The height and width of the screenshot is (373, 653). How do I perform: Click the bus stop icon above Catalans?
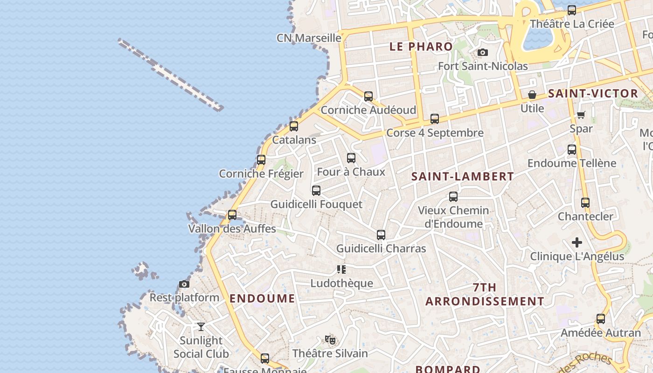click(x=294, y=126)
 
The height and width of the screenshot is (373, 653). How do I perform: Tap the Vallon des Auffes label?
click(x=232, y=228)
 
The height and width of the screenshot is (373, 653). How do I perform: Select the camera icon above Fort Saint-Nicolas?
click(x=483, y=52)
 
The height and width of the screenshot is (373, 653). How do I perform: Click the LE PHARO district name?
click(x=421, y=47)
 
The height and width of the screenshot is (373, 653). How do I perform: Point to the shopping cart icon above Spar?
click(x=581, y=115)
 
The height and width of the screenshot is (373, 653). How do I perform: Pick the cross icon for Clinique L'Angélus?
click(x=577, y=242)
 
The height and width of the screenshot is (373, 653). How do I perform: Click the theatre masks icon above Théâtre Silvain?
click(x=330, y=339)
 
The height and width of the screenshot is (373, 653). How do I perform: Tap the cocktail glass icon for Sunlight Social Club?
click(x=201, y=326)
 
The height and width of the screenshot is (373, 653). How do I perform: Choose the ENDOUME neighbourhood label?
click(x=263, y=298)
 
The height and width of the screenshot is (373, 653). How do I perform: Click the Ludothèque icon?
click(x=341, y=269)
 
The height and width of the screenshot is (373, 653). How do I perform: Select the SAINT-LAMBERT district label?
click(x=463, y=177)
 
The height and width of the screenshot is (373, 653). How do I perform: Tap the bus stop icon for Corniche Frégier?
click(x=261, y=160)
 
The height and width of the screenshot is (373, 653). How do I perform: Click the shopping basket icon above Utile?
click(x=532, y=95)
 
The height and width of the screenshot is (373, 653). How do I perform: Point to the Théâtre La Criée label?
click(x=572, y=24)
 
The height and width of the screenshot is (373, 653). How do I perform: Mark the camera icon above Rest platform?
click(x=184, y=284)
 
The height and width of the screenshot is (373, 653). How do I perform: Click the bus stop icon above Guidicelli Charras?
click(x=381, y=235)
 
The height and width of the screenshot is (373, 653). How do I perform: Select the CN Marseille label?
click(x=309, y=38)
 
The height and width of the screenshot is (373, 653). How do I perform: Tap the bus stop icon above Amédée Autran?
click(x=601, y=319)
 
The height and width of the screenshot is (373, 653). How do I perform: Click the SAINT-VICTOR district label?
click(x=593, y=93)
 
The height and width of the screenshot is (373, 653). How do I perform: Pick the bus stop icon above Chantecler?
click(x=585, y=203)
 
